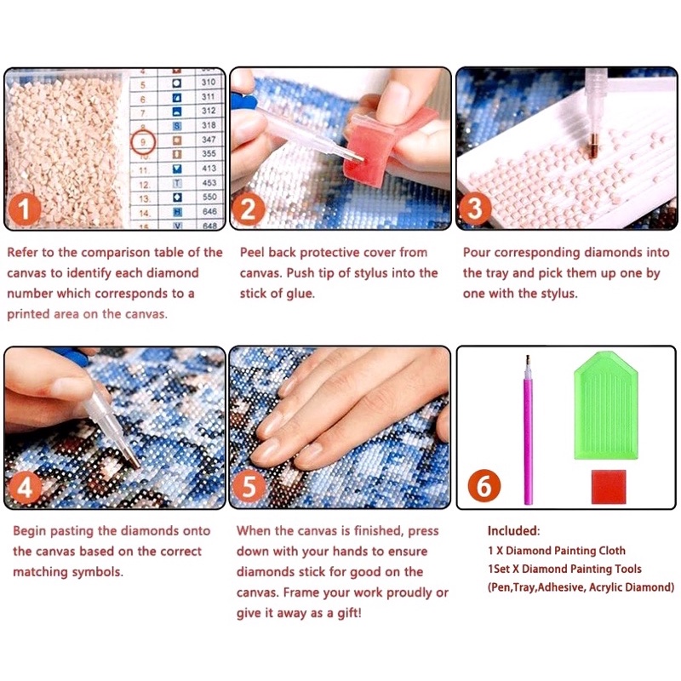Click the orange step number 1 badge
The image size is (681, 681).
(x=25, y=209)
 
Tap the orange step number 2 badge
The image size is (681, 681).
(x=249, y=209)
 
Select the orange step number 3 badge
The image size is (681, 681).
(x=475, y=209)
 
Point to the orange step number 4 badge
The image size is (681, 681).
(x=25, y=488)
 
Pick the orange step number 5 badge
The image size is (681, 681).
(x=249, y=487)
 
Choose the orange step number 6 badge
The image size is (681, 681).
(x=484, y=486)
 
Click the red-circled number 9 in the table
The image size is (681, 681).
(x=143, y=141)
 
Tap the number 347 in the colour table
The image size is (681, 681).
(x=209, y=140)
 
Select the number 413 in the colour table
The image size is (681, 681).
(x=209, y=168)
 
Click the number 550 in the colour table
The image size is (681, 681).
(x=209, y=197)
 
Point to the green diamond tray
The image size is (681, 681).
(x=606, y=405)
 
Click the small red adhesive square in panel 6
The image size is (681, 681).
(x=609, y=486)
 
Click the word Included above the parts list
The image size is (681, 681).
(x=513, y=530)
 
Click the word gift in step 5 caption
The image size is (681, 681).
(x=349, y=613)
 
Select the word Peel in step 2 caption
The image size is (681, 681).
(x=252, y=252)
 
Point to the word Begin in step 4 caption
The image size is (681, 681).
(x=29, y=531)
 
